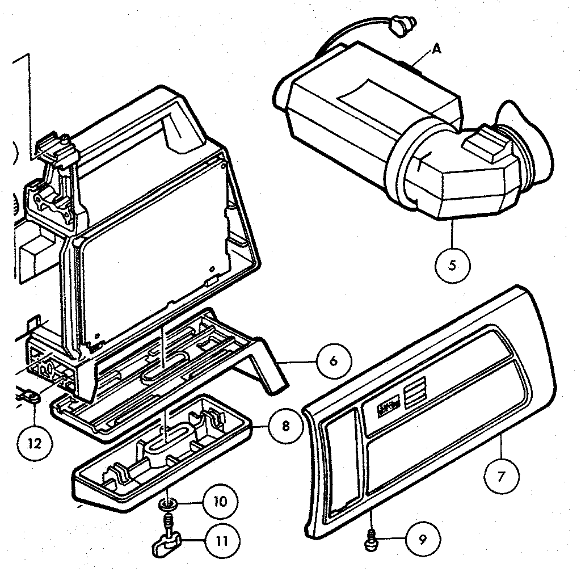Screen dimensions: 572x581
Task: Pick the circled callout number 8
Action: tap(285, 425)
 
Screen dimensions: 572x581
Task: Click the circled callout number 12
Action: tap(35, 443)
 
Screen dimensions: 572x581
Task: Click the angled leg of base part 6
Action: tap(267, 369)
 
